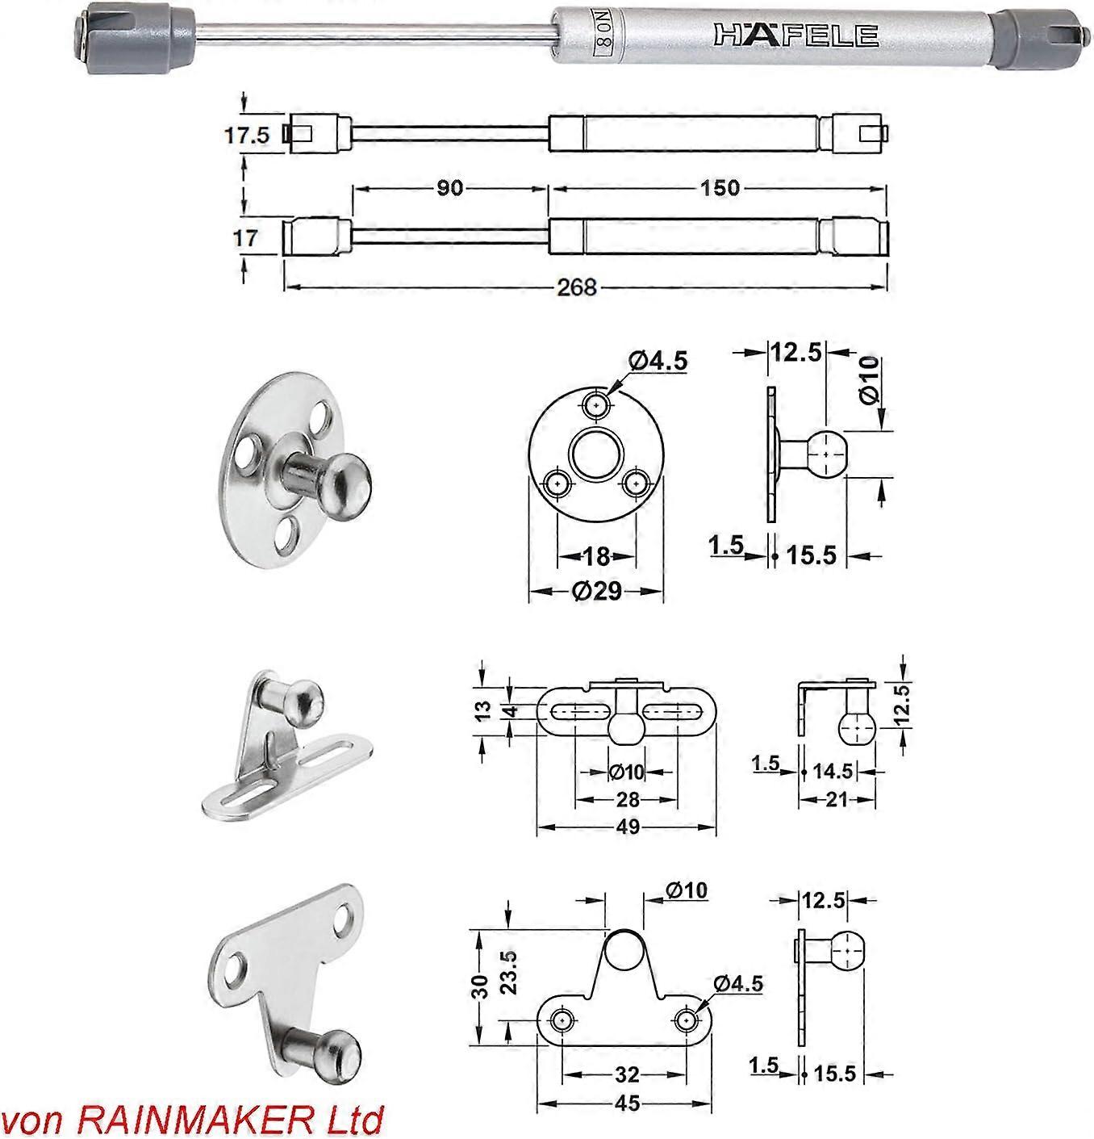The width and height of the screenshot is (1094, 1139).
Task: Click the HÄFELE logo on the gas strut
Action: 795,36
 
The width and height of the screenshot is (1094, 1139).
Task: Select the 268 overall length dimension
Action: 577,287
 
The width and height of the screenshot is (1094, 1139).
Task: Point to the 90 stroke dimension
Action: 449,187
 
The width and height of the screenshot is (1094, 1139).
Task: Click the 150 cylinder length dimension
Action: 720,187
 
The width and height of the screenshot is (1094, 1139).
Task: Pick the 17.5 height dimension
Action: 247,135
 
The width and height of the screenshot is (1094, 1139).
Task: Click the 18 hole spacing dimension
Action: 596,556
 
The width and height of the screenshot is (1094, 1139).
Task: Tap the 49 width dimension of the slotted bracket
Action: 628,827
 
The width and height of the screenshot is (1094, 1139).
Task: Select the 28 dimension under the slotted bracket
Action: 627,799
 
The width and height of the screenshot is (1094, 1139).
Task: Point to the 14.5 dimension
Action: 833,771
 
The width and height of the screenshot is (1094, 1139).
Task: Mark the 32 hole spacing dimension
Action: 627,1074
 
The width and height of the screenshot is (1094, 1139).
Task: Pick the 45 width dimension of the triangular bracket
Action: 627,1103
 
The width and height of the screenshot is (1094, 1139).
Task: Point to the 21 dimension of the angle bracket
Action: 837,799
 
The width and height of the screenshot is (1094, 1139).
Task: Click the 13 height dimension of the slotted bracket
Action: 483,710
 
